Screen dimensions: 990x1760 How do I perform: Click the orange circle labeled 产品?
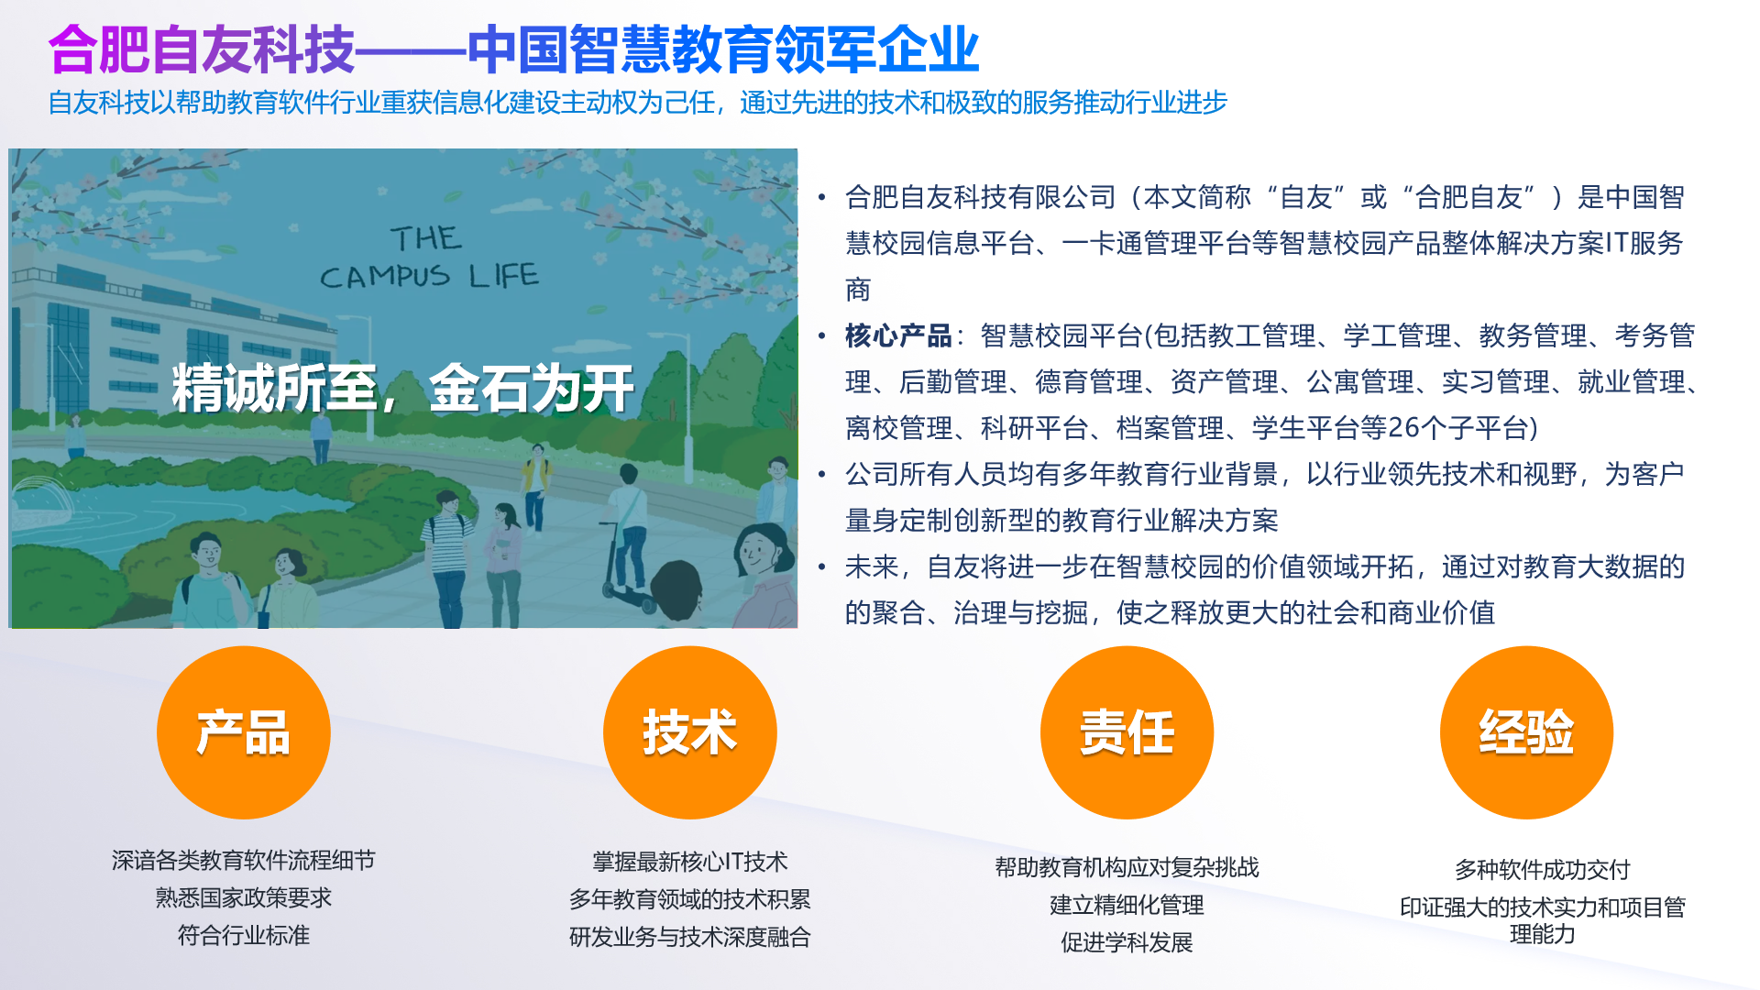(243, 732)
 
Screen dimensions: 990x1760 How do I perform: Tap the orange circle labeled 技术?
(689, 732)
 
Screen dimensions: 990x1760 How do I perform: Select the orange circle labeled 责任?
(1127, 732)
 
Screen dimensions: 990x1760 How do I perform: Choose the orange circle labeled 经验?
(1526, 732)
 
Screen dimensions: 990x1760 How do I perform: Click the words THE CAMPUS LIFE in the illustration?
(429, 258)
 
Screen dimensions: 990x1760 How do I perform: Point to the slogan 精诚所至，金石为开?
(402, 389)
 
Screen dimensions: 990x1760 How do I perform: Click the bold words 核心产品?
(898, 335)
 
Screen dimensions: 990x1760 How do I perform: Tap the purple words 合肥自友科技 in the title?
(201, 49)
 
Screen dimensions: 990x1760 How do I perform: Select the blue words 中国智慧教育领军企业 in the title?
(723, 49)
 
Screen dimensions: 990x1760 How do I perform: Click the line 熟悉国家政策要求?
(243, 897)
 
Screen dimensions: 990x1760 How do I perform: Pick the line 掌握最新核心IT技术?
(689, 862)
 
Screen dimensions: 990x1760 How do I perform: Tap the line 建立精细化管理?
(1127, 905)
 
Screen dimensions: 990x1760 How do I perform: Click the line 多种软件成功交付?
(1542, 869)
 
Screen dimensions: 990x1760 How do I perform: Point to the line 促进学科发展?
(1127, 942)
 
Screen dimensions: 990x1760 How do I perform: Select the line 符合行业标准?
(243, 935)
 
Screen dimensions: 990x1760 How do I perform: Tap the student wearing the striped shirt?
(448, 550)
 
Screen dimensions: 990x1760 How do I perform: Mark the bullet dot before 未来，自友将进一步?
(822, 567)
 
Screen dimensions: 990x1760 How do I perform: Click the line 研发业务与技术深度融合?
(689, 937)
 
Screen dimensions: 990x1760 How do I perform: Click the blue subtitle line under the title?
(637, 102)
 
